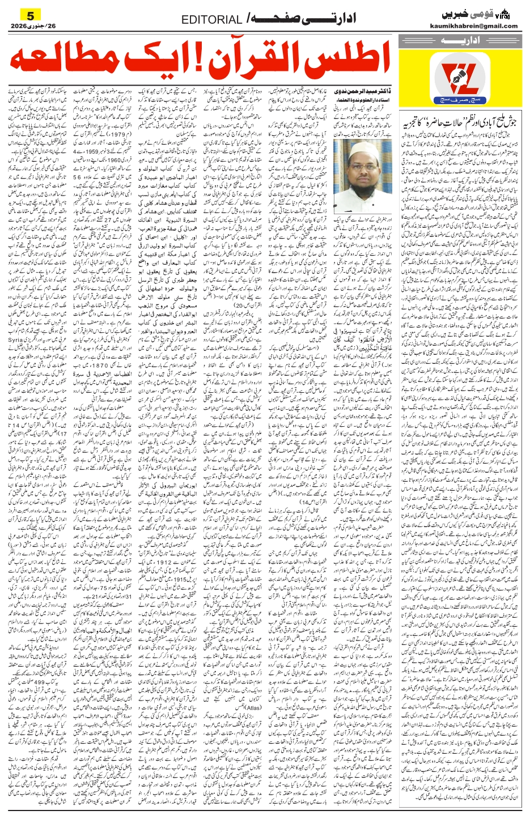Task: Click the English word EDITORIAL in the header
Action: click(x=211, y=20)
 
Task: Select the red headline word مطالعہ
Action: click(x=62, y=64)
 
